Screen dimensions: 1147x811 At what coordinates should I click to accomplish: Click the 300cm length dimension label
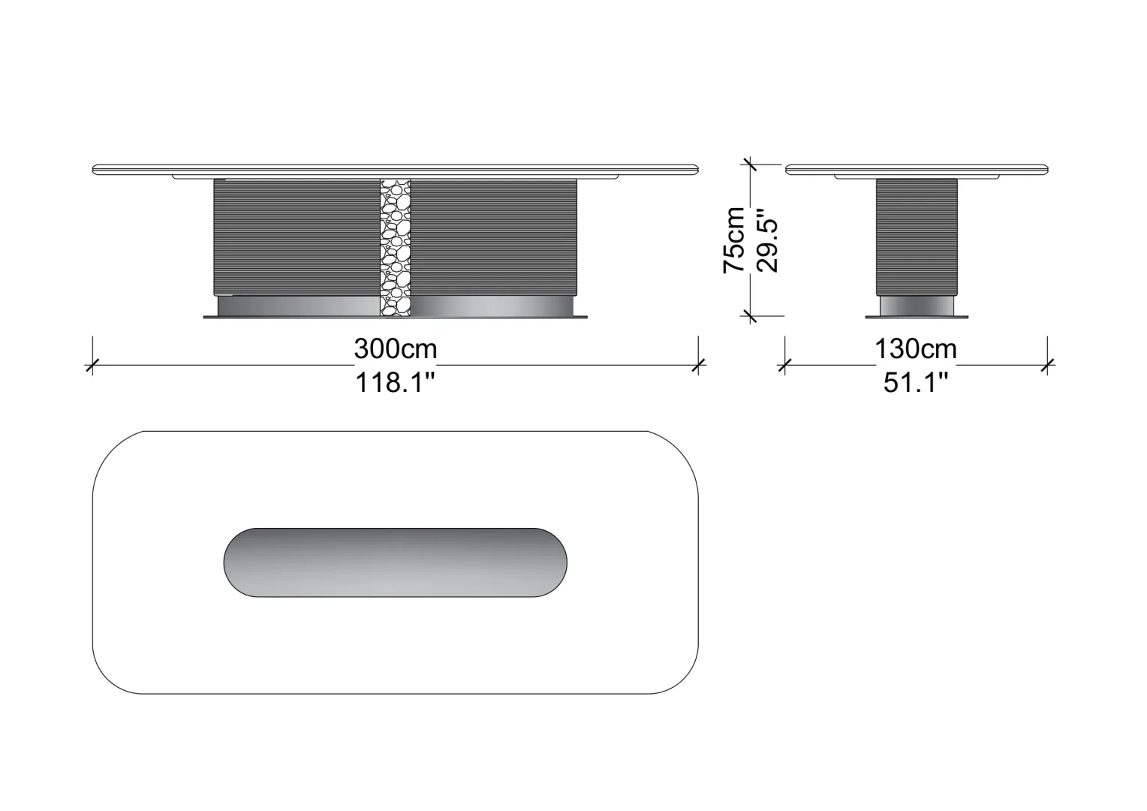(396, 349)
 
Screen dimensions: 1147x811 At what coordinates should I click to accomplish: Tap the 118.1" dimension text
(396, 382)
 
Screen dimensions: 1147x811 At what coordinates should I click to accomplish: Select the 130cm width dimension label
(916, 349)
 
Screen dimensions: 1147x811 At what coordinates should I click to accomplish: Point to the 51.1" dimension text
(916, 382)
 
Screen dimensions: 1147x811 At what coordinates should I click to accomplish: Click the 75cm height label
(734, 240)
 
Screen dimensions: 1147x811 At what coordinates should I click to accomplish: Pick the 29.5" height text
(767, 240)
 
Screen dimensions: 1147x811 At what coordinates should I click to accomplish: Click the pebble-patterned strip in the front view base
(396, 248)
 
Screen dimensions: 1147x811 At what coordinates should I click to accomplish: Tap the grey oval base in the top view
(396, 562)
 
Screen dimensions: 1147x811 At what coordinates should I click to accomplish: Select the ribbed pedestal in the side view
(917, 237)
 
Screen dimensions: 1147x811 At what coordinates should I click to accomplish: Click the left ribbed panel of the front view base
(297, 237)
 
